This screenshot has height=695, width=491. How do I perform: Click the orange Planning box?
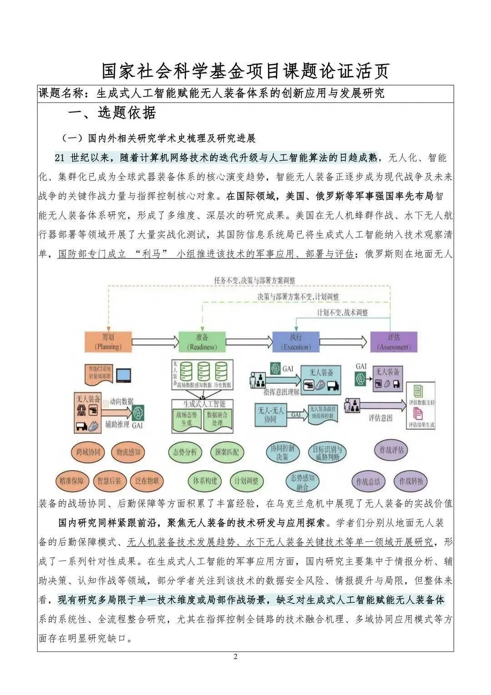(x=108, y=342)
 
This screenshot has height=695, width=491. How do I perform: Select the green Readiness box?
(x=202, y=342)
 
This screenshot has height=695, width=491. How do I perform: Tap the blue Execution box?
(x=296, y=342)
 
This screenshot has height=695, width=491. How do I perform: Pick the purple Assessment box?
(x=394, y=342)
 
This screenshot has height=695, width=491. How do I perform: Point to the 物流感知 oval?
(x=128, y=452)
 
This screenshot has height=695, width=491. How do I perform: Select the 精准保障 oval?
(x=71, y=481)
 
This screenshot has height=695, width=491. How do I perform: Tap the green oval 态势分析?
(x=185, y=452)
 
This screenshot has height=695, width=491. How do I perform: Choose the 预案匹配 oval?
(x=227, y=452)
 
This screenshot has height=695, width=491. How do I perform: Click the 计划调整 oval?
(x=246, y=481)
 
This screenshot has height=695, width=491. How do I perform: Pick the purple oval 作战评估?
(x=391, y=450)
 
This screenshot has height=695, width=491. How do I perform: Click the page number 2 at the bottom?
(x=235, y=656)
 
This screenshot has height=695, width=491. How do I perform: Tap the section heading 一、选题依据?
(x=112, y=113)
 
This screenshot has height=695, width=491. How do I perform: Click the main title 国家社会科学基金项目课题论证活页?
(x=245, y=71)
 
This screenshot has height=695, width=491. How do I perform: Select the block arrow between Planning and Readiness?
(x=155, y=341)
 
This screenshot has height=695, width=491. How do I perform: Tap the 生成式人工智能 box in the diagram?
(x=204, y=404)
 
